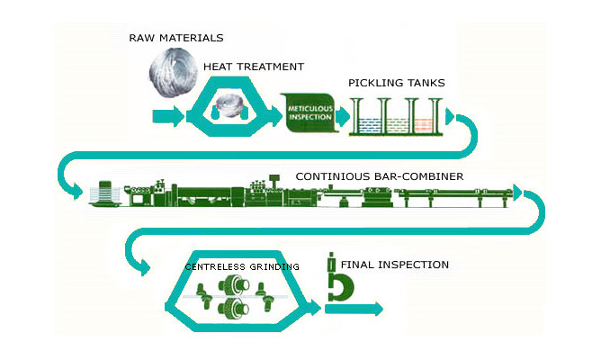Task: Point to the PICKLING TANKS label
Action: (397, 84)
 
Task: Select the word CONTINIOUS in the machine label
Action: (330, 176)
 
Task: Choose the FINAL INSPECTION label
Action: (394, 265)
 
